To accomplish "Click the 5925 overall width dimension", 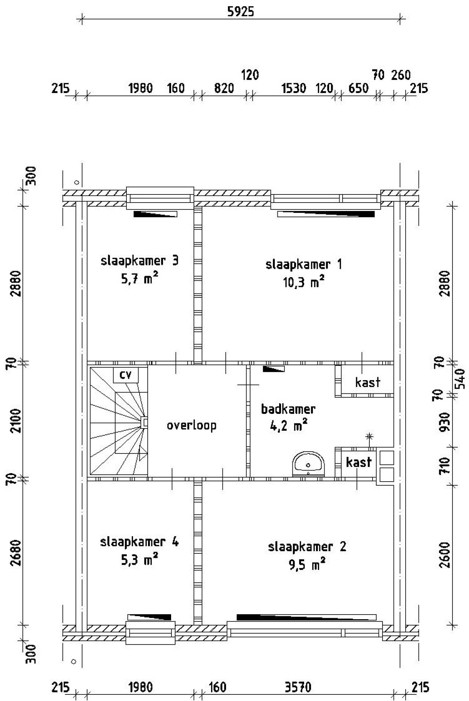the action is (240, 12).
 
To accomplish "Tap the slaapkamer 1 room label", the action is (304, 264).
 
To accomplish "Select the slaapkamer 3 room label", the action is (140, 261).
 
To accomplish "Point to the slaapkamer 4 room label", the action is (139, 542).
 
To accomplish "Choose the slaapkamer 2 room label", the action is (307, 547).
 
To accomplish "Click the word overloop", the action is (192, 426).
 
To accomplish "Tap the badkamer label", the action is (288, 409).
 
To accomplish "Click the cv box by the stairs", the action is (126, 375).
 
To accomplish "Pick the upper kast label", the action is (368, 382).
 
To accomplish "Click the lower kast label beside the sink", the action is (359, 462).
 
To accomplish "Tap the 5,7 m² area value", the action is (140, 279).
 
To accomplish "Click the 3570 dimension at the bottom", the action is (298, 677).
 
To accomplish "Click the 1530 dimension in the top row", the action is (293, 88).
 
